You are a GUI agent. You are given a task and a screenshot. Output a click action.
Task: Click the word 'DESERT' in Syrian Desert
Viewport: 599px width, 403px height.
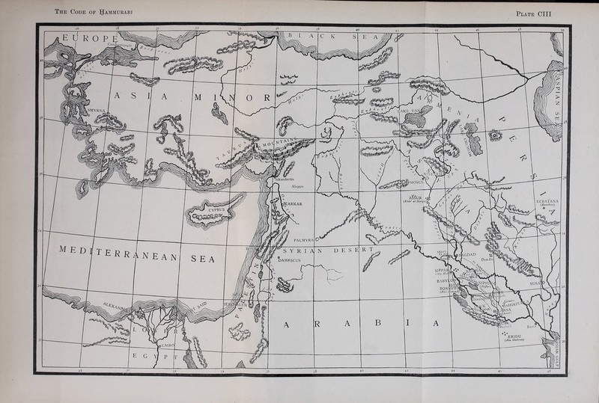pyautogui.click(x=356, y=250)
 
